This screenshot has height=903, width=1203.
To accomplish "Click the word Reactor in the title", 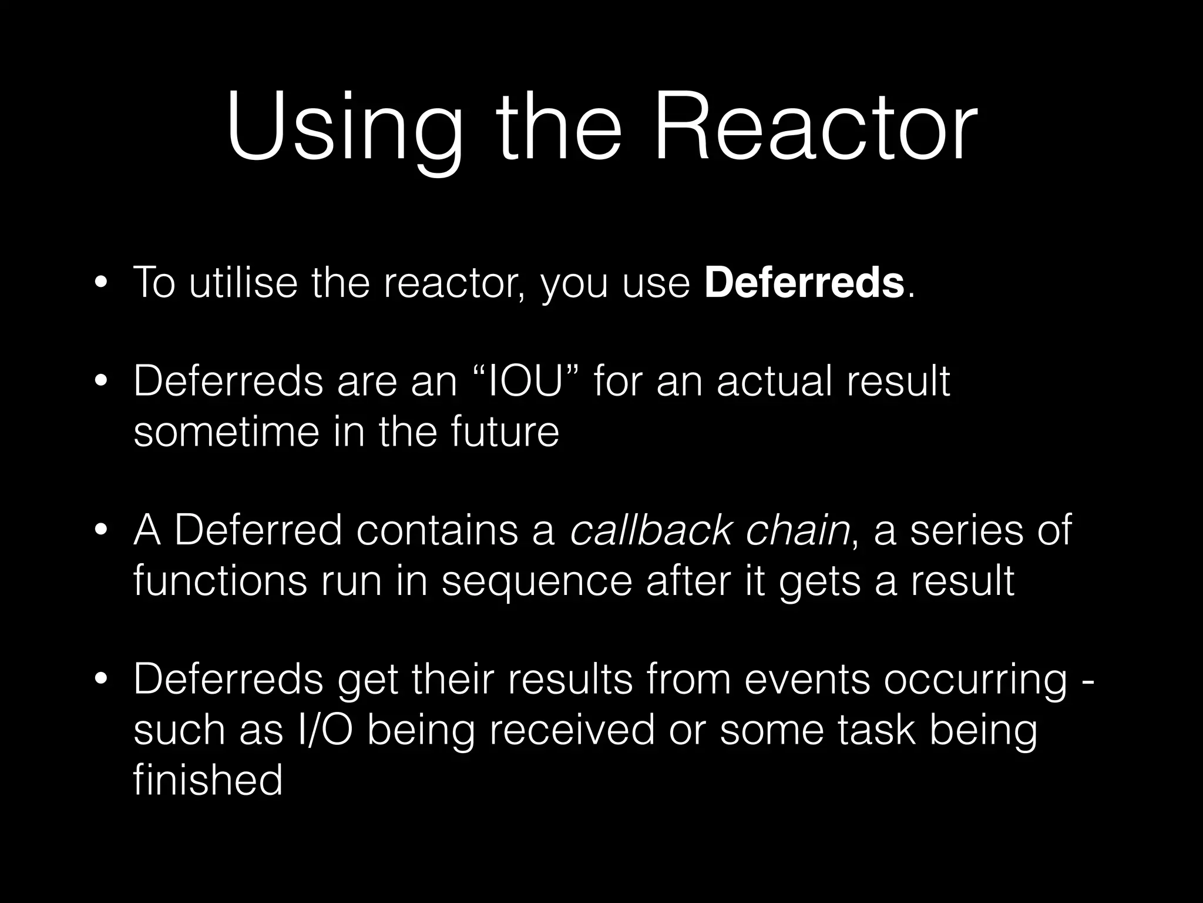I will (815, 126).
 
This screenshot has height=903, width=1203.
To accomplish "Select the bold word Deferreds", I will (804, 283).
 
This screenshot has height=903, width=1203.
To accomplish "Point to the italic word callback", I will (651, 530).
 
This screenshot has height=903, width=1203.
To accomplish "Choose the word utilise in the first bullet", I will (243, 283).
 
